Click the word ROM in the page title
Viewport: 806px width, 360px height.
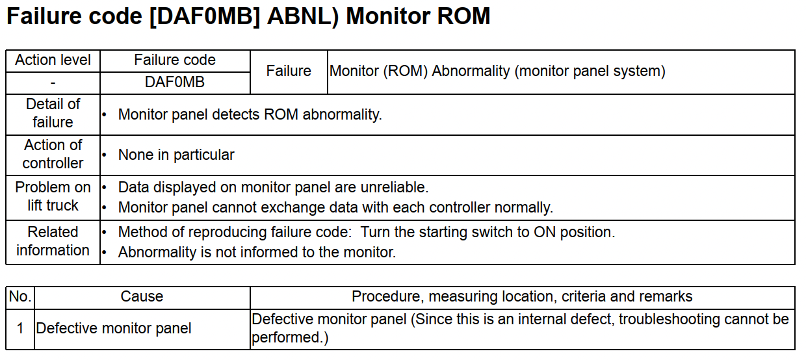463,16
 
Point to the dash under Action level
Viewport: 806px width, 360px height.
53,83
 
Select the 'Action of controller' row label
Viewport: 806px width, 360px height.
53,154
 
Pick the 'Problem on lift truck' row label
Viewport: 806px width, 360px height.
53,196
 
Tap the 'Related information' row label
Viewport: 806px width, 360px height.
53,241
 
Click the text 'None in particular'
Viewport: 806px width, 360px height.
176,155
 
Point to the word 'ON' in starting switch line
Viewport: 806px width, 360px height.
545,233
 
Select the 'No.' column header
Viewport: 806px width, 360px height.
20,297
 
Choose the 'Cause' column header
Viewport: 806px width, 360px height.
142,297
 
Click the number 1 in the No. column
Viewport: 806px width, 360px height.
20,328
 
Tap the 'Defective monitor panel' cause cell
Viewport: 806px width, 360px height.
113,329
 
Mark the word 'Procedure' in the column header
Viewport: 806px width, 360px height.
385,297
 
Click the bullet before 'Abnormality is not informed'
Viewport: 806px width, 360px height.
104,253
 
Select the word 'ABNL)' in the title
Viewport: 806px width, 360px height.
303,16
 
